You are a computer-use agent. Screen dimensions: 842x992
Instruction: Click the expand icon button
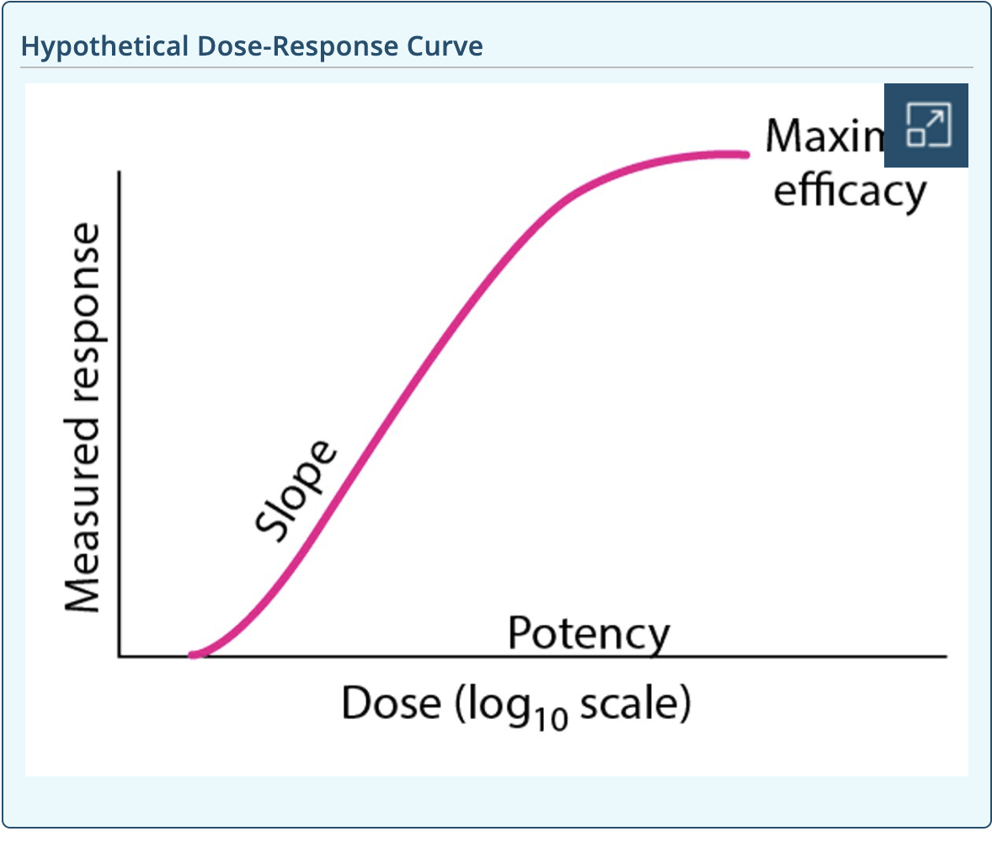coord(926,125)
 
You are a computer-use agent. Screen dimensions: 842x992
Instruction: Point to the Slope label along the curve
coord(295,492)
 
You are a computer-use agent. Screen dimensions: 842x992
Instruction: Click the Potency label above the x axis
coord(589,635)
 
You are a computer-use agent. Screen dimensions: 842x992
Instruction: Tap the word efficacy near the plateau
coord(849,191)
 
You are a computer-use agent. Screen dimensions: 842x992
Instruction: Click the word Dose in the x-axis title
coord(390,703)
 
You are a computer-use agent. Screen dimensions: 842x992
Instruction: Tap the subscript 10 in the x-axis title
coord(552,717)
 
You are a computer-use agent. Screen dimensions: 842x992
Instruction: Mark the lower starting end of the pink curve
coord(194,654)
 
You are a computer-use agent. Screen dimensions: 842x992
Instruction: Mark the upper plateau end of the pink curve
coord(745,154)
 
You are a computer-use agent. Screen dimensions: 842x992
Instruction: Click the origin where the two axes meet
coord(120,656)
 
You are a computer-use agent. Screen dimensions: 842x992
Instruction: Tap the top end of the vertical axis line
coord(120,173)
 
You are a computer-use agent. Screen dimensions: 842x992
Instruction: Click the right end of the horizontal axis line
coord(946,656)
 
